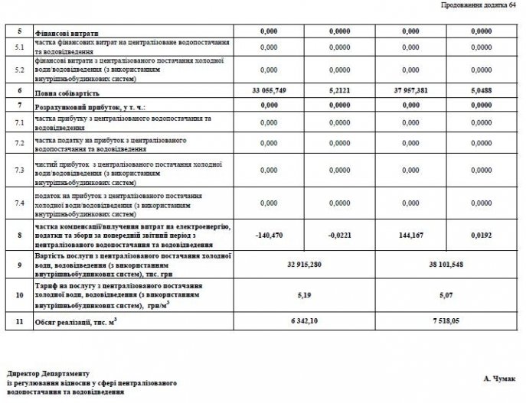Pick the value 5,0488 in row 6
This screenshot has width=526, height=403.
pos(481,91)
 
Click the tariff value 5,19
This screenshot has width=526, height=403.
pos(303,293)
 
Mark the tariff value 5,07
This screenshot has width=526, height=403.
pos(446,293)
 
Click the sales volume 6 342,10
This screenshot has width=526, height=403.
pos(303,322)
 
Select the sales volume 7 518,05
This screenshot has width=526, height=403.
pos(446,322)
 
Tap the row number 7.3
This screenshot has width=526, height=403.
pos(20,171)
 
